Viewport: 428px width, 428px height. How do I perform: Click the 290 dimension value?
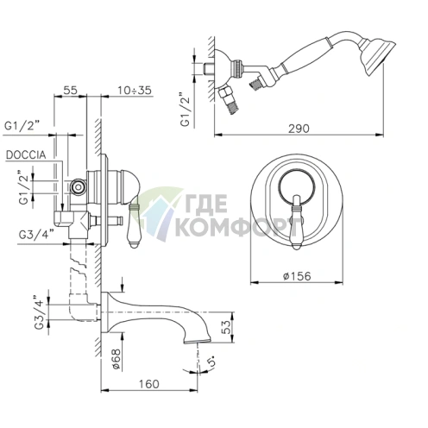pyautogui.click(x=299, y=129)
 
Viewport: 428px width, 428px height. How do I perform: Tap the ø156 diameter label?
pyautogui.click(x=297, y=276)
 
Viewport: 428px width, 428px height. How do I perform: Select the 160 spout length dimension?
pyautogui.click(x=149, y=384)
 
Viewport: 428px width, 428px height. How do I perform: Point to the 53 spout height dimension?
pyautogui.click(x=227, y=327)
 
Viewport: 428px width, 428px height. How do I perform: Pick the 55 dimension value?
pyautogui.click(x=70, y=90)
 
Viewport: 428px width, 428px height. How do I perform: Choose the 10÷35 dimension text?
pyautogui.click(x=134, y=90)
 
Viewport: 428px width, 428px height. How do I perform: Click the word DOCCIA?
pyautogui.click(x=26, y=155)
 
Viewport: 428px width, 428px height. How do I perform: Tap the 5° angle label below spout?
pyautogui.click(x=212, y=361)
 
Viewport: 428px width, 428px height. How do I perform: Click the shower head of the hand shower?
pyautogui.click(x=377, y=56)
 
